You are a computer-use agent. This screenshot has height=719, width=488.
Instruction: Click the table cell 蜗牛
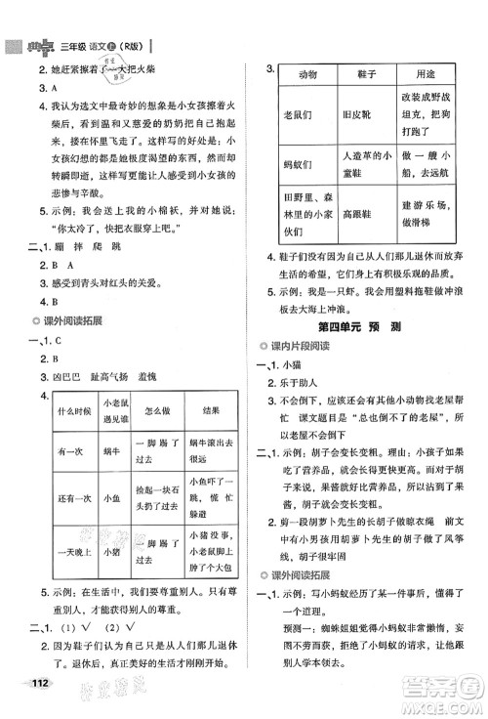tap(110, 452)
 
